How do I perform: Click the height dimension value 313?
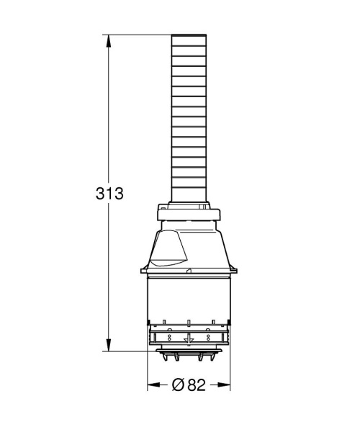click(109, 194)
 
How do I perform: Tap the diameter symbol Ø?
click(179, 385)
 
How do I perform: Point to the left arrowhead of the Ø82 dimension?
click(152, 385)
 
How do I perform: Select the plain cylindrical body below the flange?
click(189, 295)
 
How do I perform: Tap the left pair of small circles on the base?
click(170, 337)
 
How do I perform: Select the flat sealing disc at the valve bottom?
click(189, 351)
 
